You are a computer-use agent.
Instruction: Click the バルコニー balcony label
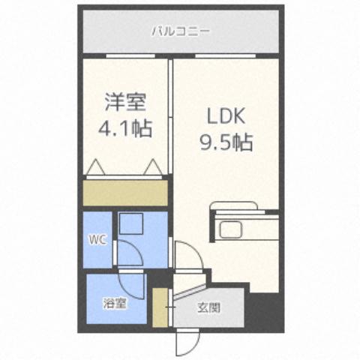tap(180, 31)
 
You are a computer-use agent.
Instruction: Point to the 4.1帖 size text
tap(124, 128)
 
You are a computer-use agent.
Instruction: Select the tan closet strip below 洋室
tap(124, 193)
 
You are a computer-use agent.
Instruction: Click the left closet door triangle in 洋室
tap(94, 168)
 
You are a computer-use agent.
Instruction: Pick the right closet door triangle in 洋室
tap(154, 167)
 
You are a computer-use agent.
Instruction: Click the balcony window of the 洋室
tap(125, 55)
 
